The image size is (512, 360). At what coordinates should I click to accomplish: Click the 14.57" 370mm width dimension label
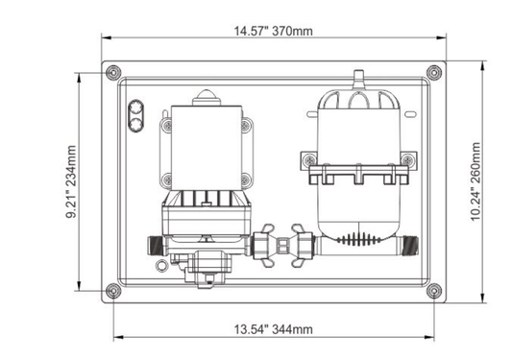[x=274, y=31]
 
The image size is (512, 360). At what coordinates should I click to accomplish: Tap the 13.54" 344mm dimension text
[x=274, y=329]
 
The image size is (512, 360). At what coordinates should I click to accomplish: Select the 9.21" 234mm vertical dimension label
[x=71, y=181]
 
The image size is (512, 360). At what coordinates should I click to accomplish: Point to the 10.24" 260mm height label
[x=475, y=181]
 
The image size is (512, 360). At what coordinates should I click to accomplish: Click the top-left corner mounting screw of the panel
[x=113, y=72]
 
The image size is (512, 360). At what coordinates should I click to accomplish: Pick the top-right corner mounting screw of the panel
[x=434, y=72]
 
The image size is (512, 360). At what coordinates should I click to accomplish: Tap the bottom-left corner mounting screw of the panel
[x=113, y=291]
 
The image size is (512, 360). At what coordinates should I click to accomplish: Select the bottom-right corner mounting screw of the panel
[x=434, y=291]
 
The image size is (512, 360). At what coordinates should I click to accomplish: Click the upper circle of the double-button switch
[x=135, y=108]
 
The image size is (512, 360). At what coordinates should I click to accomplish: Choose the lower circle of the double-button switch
[x=135, y=125]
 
